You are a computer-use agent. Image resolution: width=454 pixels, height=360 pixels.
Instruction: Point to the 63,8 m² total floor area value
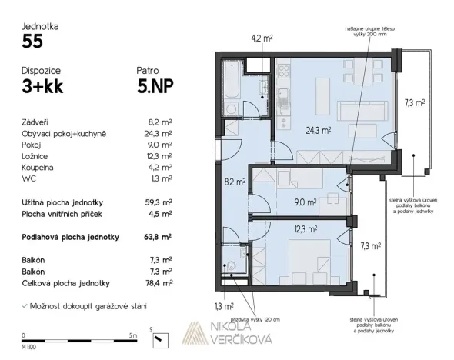[x=159, y=237]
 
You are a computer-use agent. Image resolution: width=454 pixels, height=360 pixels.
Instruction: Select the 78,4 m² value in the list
[x=159, y=283]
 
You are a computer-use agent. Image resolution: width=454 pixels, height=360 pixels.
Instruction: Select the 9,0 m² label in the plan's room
[x=303, y=203]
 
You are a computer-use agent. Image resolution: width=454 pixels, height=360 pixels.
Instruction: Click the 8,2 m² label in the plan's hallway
[x=235, y=182]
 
